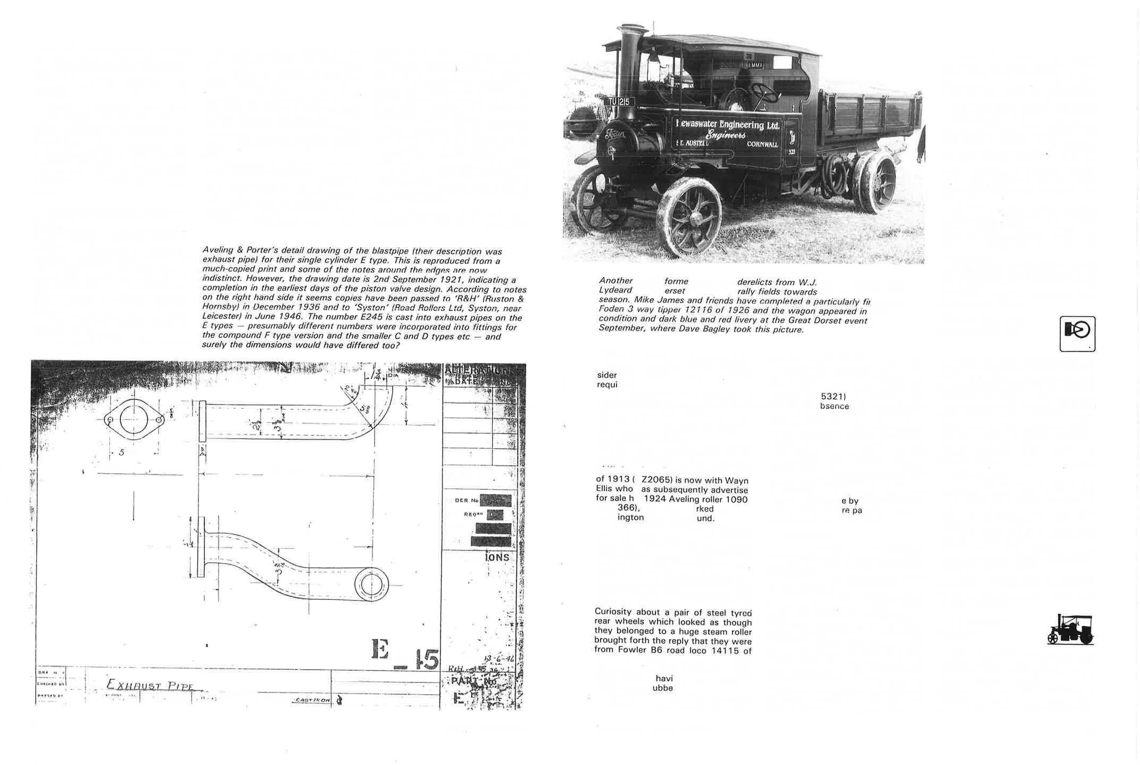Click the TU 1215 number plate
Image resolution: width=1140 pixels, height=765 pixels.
(619, 102)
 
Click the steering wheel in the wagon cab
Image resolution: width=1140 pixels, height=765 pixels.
(763, 94)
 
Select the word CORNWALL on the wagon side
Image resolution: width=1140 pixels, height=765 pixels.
(762, 144)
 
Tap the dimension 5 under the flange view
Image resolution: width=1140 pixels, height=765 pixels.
(122, 453)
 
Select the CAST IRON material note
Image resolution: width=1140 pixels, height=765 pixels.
(311, 700)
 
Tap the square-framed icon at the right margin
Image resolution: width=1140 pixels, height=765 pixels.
(1077, 334)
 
